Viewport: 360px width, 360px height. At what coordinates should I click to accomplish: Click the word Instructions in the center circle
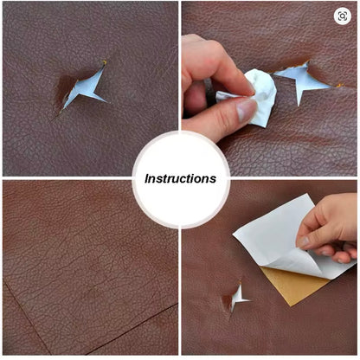(180, 179)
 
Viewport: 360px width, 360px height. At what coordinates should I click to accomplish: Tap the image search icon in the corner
(342, 16)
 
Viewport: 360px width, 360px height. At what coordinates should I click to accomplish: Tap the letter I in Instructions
(147, 179)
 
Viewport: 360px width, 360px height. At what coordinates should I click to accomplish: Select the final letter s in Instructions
(213, 179)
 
